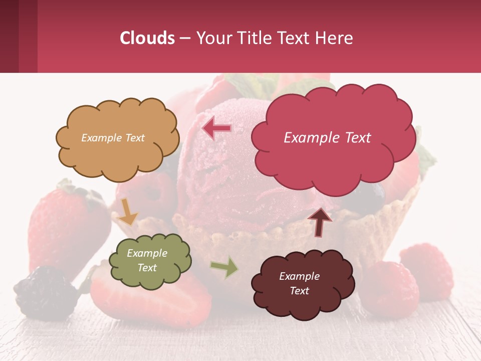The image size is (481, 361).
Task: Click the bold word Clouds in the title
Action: click(147, 38)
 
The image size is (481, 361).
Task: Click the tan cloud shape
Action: click(117, 138)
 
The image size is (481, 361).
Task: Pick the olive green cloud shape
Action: click(150, 260)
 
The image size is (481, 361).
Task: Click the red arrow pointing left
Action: click(216, 129)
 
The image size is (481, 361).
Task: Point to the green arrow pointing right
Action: click(225, 267)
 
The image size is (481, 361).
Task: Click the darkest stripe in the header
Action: click(9, 36)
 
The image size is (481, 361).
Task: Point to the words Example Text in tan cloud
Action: click(113, 138)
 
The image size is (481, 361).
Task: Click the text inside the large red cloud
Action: click(327, 138)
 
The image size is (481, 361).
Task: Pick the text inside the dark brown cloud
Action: click(299, 283)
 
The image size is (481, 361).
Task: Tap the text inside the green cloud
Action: click(147, 260)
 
